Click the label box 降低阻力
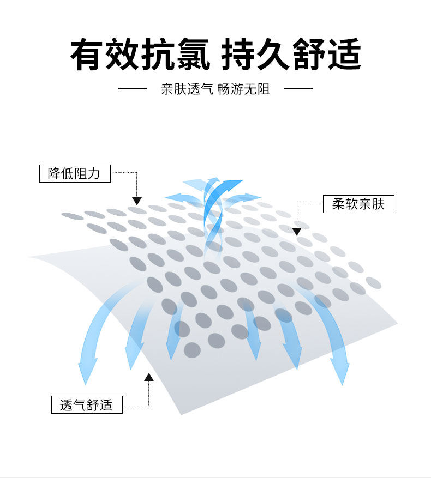[x=75, y=174]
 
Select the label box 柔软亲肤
[x=358, y=204]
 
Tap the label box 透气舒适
[x=87, y=405]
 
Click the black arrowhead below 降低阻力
[x=136, y=201]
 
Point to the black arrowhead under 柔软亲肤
[x=297, y=232]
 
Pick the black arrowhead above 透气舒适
[x=148, y=377]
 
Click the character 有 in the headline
[x=87, y=55]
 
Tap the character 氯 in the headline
[x=192, y=55]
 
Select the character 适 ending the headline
[x=344, y=55]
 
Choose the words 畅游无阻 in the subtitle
[x=243, y=89]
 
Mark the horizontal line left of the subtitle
[x=133, y=88]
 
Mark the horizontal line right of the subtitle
[x=298, y=88]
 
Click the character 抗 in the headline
[x=158, y=55]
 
